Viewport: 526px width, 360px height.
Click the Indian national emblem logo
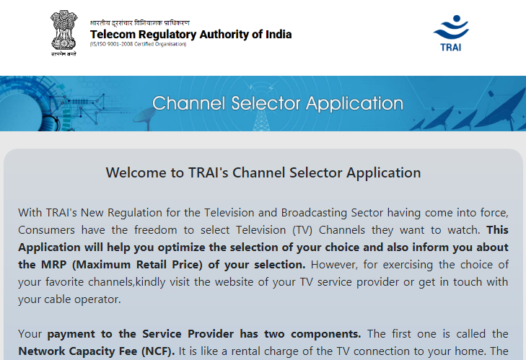[63, 33]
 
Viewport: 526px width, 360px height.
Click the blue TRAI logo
[451, 33]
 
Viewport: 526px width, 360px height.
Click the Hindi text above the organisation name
[139, 23]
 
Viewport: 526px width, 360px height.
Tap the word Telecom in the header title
[113, 34]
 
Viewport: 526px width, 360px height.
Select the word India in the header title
[279, 34]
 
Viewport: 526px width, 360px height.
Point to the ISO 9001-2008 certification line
[138, 44]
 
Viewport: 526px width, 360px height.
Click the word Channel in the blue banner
[188, 103]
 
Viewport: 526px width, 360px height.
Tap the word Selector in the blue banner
[266, 103]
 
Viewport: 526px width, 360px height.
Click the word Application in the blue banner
[354, 104]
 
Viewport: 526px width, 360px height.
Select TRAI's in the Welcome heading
[208, 173]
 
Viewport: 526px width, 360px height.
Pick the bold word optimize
[179, 247]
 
